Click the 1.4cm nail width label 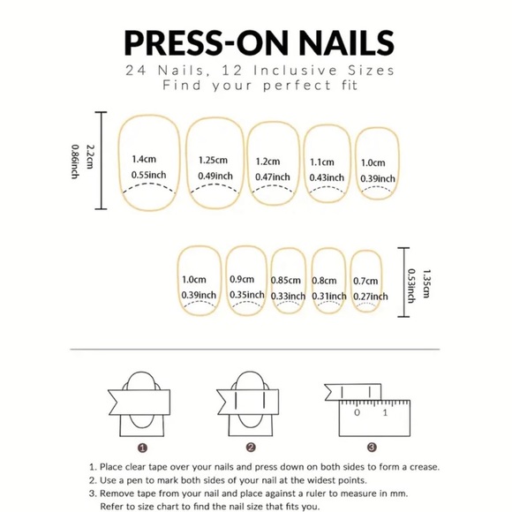pos(144,160)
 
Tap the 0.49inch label pos(215,176)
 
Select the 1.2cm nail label pos(268,162)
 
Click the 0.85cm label pos(288,279)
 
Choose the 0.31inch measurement pos(329,295)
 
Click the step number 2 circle pos(251,448)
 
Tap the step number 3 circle pos(372,448)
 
